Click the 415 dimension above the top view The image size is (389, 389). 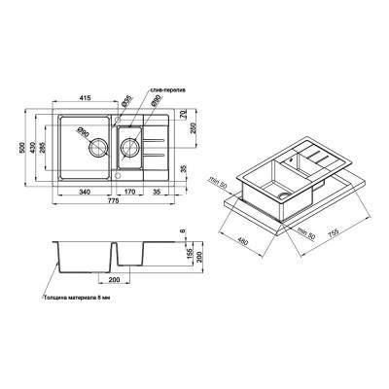point(86,101)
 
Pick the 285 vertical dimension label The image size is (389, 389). point(41,152)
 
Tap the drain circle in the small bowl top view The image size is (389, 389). point(128,149)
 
